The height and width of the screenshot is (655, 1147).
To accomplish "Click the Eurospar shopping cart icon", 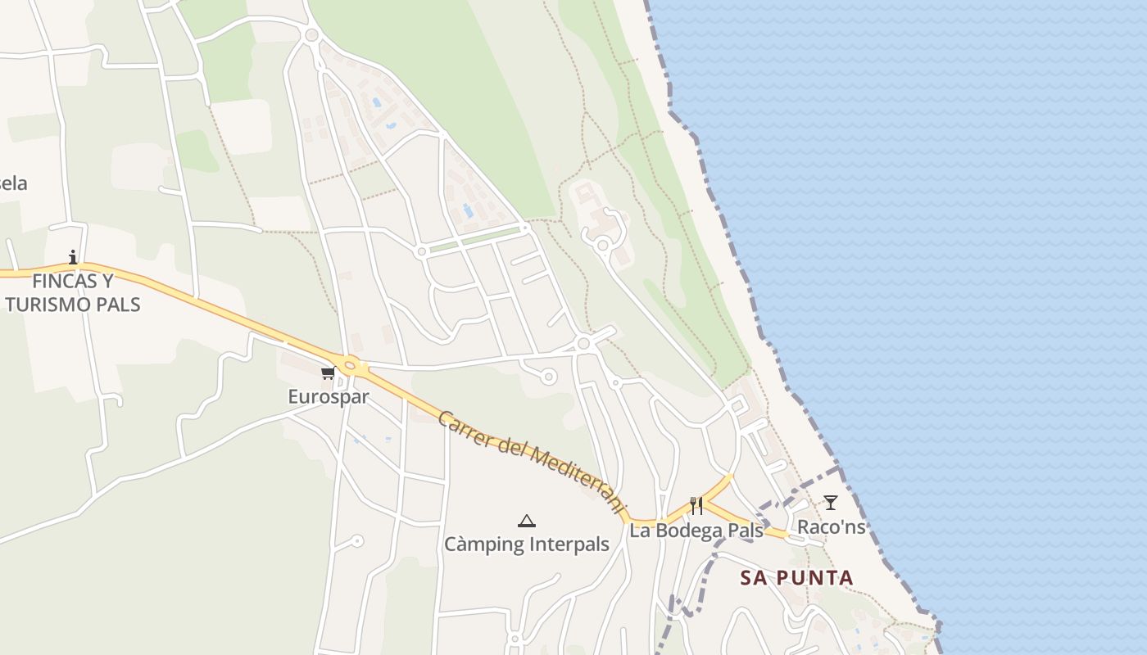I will tap(328, 373).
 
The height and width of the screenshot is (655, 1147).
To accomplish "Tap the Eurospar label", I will tap(328, 397).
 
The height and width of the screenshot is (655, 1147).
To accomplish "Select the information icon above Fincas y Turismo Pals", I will tap(73, 257).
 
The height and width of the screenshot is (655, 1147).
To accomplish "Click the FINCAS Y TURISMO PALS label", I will tap(73, 293).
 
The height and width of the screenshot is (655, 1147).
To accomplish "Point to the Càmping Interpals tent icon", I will tap(526, 521).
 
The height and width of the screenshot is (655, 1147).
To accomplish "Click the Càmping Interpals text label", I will tap(526, 544).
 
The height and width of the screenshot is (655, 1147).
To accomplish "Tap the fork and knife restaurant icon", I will tap(696, 505).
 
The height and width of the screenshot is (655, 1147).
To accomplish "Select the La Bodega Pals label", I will tap(696, 531).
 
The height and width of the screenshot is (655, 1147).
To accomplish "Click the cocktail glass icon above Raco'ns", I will tap(831, 503).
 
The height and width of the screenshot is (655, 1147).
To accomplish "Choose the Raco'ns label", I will tap(831, 527).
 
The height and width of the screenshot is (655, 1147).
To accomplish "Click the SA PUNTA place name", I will tap(796, 578).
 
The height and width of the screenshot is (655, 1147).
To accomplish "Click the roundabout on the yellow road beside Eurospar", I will tap(351, 366).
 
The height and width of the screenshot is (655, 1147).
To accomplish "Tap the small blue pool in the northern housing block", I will tap(376, 104).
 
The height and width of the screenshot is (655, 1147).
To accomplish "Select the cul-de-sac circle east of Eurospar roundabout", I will tap(548, 377).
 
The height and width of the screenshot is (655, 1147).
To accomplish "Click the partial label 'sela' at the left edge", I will tap(13, 183).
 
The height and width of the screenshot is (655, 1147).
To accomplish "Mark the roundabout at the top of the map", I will tap(311, 34).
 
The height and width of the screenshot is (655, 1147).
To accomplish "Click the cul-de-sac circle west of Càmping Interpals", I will tap(357, 541).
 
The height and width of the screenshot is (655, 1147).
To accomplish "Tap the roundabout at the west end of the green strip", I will tap(421, 252).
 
